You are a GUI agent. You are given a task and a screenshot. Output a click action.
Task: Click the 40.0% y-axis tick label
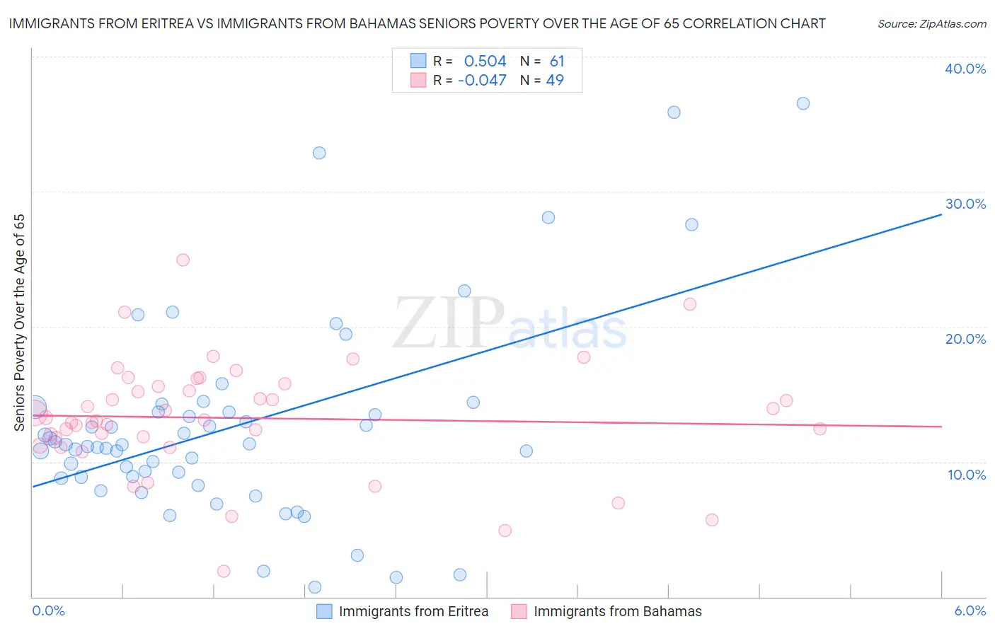pyautogui.click(x=965, y=69)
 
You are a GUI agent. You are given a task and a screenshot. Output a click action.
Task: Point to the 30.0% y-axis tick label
pyautogui.click(x=965, y=204)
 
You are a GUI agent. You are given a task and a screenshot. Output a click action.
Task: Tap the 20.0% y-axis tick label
pyautogui.click(x=965, y=339)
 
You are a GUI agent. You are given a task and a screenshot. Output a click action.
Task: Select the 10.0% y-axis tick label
pyautogui.click(x=967, y=475)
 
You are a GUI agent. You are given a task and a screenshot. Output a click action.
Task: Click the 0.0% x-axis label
pyautogui.click(x=48, y=610)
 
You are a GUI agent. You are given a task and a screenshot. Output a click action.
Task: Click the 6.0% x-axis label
pyautogui.click(x=970, y=610)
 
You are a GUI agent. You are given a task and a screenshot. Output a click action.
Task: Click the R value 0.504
pyautogui.click(x=485, y=62)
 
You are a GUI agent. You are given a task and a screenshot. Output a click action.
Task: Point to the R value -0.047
pyautogui.click(x=482, y=80)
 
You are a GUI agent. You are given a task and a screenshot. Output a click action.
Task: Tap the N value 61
pyautogui.click(x=557, y=62)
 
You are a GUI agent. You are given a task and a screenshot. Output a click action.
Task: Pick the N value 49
pyautogui.click(x=555, y=80)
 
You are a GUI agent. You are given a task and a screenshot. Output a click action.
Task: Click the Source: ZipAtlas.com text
pyautogui.click(x=931, y=24)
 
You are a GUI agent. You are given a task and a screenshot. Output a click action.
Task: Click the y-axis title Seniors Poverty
pyautogui.click(x=20, y=322)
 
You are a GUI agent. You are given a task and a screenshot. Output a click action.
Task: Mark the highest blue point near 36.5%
pyautogui.click(x=803, y=103)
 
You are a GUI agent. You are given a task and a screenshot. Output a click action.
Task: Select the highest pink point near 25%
pyautogui.click(x=183, y=260)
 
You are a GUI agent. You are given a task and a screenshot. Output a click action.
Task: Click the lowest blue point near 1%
pyautogui.click(x=315, y=587)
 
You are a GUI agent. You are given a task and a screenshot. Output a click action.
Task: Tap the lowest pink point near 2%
pyautogui.click(x=224, y=571)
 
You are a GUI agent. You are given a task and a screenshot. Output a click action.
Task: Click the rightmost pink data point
pyautogui.click(x=819, y=429)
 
